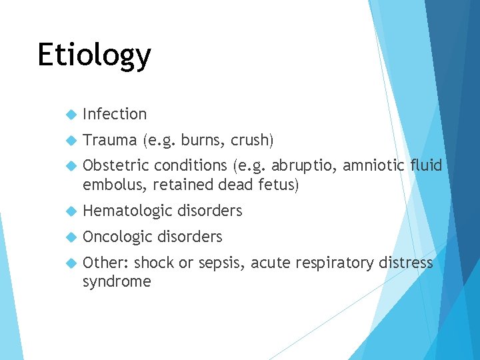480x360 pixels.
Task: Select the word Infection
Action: pyautogui.click(x=115, y=115)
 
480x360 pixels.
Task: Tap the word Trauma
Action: pyautogui.click(x=110, y=140)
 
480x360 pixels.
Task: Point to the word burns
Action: pyautogui.click(x=203, y=140)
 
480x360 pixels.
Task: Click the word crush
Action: pyautogui.click(x=251, y=140)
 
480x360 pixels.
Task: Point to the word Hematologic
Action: pyautogui.click(x=127, y=211)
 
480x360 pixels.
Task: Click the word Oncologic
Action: pyautogui.click(x=117, y=237)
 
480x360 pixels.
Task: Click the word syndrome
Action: pyautogui.click(x=117, y=281)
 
